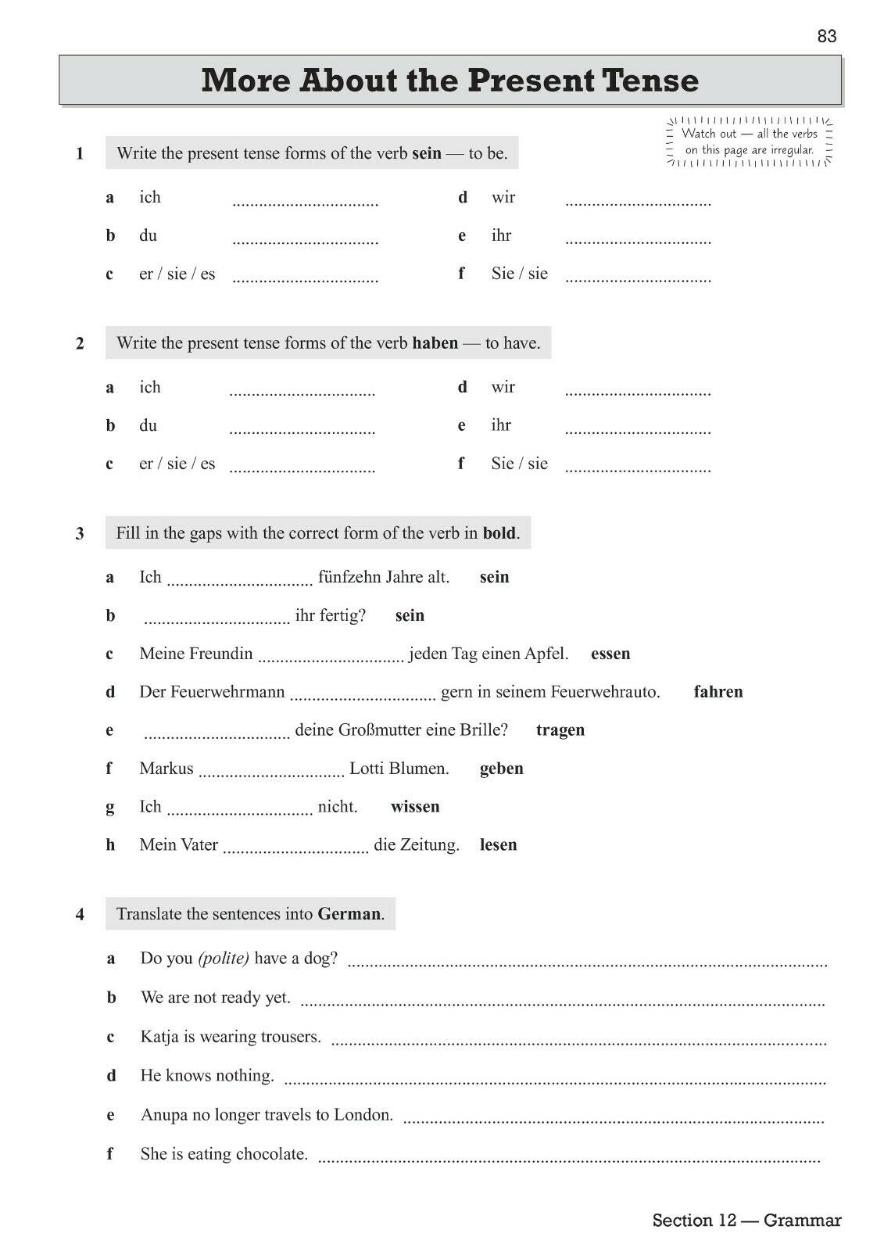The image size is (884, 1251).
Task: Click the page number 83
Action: [x=826, y=36]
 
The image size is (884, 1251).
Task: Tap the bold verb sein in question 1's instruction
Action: [x=426, y=153]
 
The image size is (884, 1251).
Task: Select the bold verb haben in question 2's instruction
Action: [x=435, y=343]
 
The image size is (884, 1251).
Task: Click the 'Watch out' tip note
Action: [x=750, y=142]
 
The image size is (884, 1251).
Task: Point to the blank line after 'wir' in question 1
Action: [x=638, y=203]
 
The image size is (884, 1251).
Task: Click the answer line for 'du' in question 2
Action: [x=302, y=430]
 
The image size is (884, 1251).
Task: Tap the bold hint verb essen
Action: [x=610, y=654]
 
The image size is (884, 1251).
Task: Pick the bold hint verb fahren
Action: [x=718, y=692]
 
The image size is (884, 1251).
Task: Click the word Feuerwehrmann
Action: [x=212, y=692]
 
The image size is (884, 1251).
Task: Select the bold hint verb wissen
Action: [x=415, y=807]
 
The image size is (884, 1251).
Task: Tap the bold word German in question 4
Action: [x=349, y=914]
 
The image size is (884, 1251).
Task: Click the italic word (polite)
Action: [x=224, y=959]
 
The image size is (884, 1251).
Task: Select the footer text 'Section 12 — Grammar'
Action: [x=746, y=1221]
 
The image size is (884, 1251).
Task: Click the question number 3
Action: [x=80, y=534]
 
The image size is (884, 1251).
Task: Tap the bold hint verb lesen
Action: [x=498, y=845]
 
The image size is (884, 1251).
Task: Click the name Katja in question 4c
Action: [x=159, y=1038]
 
